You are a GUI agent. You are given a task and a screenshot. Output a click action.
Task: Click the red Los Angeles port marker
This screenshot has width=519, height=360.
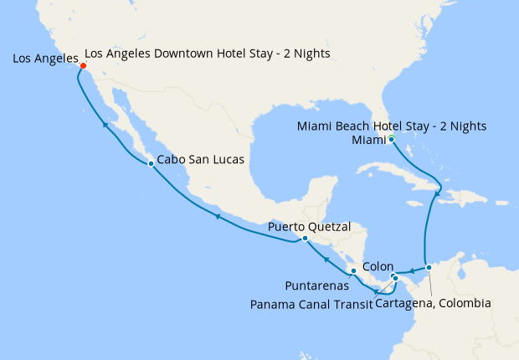click(x=83, y=66)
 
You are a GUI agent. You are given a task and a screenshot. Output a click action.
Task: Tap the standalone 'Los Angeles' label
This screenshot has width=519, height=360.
click(x=45, y=59)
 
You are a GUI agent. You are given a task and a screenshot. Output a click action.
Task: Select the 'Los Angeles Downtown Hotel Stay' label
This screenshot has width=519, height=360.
click(x=207, y=54)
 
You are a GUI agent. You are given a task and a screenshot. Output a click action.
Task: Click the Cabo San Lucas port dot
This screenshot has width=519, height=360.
click(x=150, y=163)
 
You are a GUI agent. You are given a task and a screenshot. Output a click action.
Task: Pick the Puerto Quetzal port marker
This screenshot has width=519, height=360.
click(x=305, y=238)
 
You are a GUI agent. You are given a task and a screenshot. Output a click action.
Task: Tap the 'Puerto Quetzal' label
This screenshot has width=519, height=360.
click(x=309, y=226)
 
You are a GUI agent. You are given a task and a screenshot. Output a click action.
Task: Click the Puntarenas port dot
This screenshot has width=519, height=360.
click(x=353, y=270)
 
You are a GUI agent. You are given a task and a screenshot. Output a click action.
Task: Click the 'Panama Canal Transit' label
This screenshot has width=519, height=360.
click(x=311, y=303)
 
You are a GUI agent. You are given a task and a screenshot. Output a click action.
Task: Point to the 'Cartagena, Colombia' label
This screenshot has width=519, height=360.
click(x=433, y=303)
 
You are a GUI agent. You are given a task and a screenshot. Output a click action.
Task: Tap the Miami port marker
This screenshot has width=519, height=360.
click(x=391, y=139)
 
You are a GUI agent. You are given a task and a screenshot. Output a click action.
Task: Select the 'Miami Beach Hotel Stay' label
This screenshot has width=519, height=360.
click(x=392, y=126)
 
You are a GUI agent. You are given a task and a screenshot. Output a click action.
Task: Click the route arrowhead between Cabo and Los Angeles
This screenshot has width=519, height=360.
click(x=105, y=125)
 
